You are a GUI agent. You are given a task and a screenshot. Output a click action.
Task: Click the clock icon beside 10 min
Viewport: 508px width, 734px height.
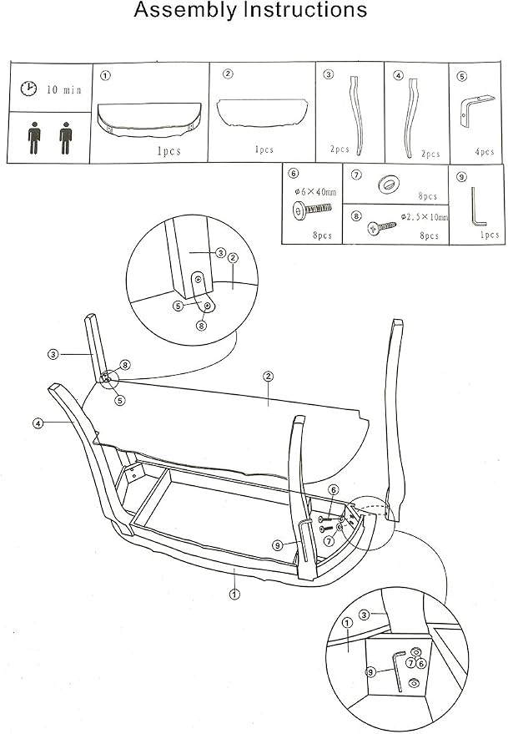pyautogui.click(x=28, y=88)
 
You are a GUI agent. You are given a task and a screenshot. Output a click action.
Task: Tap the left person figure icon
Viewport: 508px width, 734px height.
pyautogui.click(x=33, y=138)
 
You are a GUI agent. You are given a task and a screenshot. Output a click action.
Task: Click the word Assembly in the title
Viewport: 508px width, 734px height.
pyautogui.click(x=185, y=10)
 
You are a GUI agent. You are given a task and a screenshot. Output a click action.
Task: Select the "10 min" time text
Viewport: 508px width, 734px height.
pyautogui.click(x=64, y=89)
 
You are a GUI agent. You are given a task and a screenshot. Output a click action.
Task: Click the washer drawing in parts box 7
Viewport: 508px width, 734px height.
pyautogui.click(x=388, y=184)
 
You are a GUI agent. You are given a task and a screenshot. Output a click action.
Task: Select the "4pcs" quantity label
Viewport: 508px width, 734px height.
pyautogui.click(x=485, y=152)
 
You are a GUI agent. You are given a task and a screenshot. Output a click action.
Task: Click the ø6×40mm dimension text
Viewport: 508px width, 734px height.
pyautogui.click(x=315, y=192)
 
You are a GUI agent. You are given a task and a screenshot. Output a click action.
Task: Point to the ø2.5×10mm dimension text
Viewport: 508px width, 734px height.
pyautogui.click(x=425, y=217)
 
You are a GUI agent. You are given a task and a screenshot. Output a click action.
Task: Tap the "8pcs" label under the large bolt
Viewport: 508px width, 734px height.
pyautogui.click(x=322, y=235)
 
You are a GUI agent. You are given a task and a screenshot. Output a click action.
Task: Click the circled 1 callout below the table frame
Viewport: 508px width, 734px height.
pyautogui.click(x=234, y=595)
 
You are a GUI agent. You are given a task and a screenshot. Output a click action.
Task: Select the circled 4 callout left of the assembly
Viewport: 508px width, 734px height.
pyautogui.click(x=38, y=423)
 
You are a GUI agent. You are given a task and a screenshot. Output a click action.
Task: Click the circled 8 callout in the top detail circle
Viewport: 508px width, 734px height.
pyautogui.click(x=201, y=325)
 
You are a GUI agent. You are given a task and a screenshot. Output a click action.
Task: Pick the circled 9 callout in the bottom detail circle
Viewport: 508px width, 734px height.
pyautogui.click(x=370, y=673)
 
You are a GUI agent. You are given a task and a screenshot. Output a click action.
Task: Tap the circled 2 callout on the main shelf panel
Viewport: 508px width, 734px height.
pyautogui.click(x=268, y=377)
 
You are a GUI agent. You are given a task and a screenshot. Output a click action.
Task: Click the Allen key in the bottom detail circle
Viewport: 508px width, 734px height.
pyautogui.click(x=399, y=671)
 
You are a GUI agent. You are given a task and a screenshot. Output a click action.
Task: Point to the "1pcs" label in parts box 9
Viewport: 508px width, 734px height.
pyautogui.click(x=490, y=235)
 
